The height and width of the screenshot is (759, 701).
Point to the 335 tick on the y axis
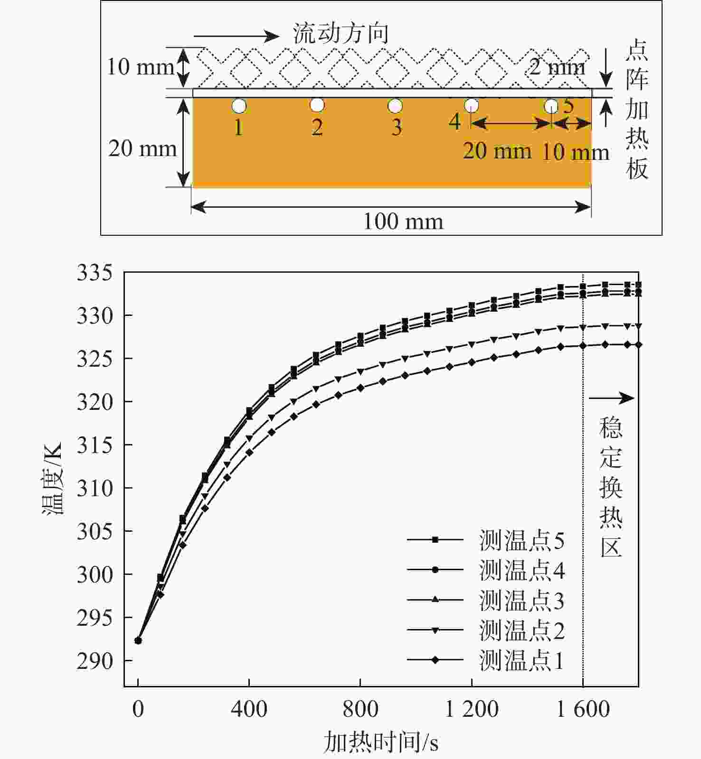(95, 273)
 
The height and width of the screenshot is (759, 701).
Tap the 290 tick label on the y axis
(95, 661)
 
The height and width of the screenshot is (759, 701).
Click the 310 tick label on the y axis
(95, 488)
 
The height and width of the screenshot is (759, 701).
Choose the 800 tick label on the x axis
(360, 709)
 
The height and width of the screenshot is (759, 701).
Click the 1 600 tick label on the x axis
(582, 709)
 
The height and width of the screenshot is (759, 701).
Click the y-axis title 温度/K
(52, 479)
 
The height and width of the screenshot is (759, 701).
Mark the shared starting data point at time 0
(138, 640)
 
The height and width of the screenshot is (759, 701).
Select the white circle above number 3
(395, 106)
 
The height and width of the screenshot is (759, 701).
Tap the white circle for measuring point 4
(471, 105)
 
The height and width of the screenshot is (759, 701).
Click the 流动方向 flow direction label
(341, 34)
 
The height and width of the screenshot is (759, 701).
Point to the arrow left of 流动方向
(236, 36)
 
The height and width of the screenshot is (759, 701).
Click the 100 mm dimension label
(403, 222)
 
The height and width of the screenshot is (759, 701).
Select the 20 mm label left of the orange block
(142, 149)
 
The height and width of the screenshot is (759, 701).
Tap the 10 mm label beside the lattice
(140, 67)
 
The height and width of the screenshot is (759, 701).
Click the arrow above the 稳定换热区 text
(611, 398)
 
